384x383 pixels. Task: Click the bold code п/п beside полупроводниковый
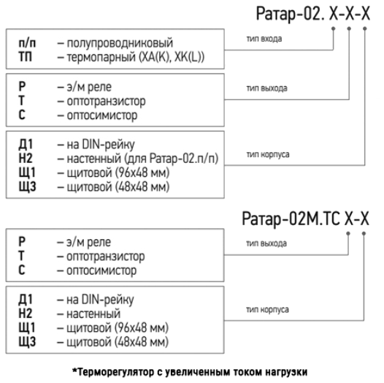27,43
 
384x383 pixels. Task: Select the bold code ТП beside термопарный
26,57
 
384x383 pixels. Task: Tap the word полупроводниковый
120,43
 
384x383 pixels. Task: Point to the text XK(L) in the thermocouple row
189,57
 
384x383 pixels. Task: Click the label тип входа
264,39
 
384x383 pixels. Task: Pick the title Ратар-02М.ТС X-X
305,219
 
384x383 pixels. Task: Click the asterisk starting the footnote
74,370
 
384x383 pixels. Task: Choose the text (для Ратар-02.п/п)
171,159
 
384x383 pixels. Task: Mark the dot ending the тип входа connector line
334,29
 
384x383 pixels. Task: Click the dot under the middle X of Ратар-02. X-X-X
349,29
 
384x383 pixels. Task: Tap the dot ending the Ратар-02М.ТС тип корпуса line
364,234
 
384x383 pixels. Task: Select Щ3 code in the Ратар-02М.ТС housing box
27,342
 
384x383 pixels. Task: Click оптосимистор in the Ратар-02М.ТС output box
101,270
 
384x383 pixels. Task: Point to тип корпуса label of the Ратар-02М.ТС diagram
267,309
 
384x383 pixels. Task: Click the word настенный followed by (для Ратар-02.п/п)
94,159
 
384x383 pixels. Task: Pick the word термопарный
101,58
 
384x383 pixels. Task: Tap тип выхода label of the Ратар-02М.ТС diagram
266,243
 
